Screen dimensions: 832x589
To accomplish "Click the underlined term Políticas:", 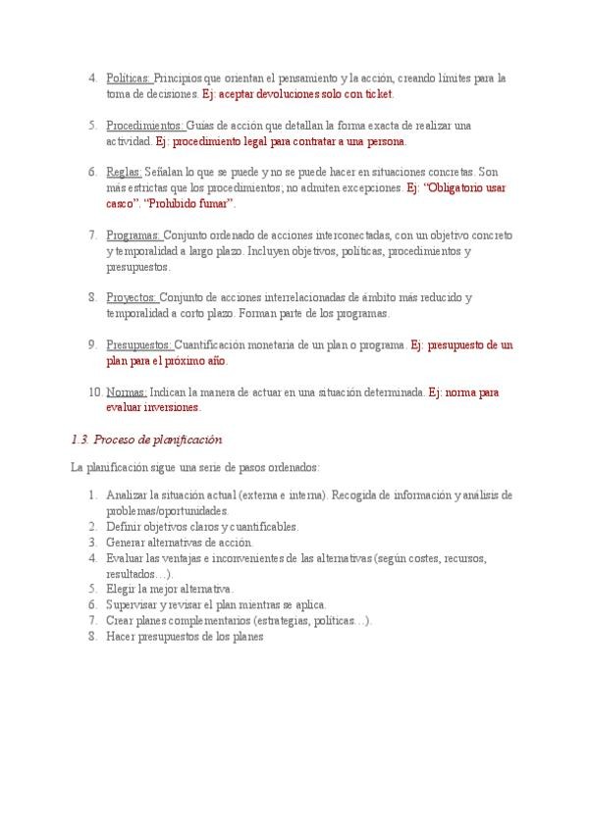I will pyautogui.click(x=128, y=78).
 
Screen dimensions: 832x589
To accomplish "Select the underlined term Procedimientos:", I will pyautogui.click(x=144, y=126).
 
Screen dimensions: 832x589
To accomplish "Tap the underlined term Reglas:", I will pyautogui.click(x=124, y=172).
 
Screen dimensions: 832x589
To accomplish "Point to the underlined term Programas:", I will pyautogui.click(x=134, y=235).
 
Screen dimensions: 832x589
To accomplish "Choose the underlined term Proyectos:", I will pyautogui.click(x=132, y=297).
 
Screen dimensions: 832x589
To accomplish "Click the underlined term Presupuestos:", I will pyautogui.click(x=139, y=345).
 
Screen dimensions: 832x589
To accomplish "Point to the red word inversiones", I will pyautogui.click(x=172, y=408).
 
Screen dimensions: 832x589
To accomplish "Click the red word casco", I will pyautogui.click(x=121, y=204).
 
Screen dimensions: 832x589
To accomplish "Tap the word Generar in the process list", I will pyautogui.click(x=126, y=543).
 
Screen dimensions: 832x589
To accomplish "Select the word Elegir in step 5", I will pyautogui.click(x=122, y=589).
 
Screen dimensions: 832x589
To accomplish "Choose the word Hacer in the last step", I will pyautogui.click(x=122, y=636).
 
